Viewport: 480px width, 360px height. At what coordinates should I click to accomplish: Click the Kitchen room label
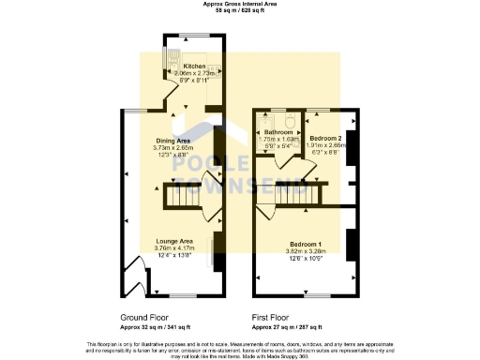click(x=195, y=67)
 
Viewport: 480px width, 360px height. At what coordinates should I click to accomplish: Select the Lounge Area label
click(x=174, y=241)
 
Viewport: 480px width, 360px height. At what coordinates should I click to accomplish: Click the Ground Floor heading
click(x=144, y=317)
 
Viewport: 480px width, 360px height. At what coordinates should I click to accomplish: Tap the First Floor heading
click(x=273, y=317)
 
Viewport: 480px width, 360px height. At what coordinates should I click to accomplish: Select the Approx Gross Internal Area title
click(x=239, y=4)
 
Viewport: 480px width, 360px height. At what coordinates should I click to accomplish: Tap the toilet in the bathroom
click(x=292, y=122)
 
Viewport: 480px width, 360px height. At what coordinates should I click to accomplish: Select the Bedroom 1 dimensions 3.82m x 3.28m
click(x=305, y=250)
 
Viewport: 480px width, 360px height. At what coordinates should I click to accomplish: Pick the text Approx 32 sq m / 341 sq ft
click(x=157, y=327)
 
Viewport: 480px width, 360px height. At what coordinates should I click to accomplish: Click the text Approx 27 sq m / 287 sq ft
click(x=287, y=327)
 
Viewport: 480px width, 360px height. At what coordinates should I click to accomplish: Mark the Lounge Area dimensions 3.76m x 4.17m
click(x=174, y=248)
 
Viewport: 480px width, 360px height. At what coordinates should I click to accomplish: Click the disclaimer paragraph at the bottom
click(x=240, y=349)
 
